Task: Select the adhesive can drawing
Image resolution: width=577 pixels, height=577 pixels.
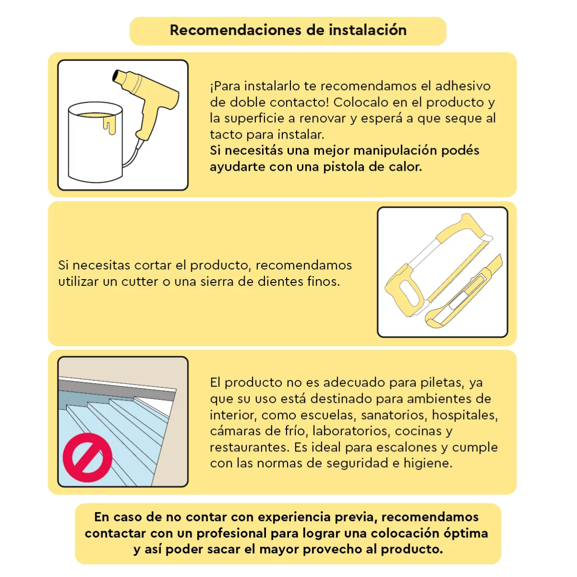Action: coord(96,142)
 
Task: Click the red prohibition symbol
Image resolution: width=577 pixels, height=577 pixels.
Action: coord(88,457)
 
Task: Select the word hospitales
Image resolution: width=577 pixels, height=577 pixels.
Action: coord(464,415)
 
